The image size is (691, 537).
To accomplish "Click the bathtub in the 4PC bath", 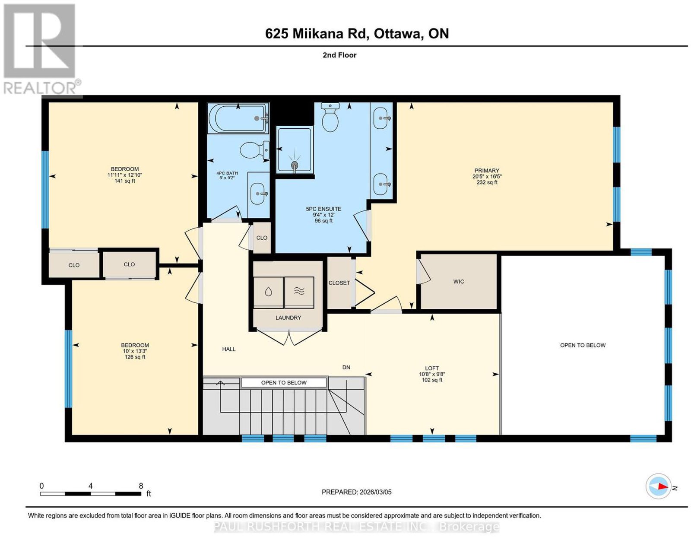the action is coord(238,118).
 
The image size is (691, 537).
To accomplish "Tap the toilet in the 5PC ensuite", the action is coord(330,117).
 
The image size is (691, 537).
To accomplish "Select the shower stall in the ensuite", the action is coord(295,150).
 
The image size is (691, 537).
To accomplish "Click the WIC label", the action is coord(458,281).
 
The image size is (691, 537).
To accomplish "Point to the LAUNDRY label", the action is coord(288,318).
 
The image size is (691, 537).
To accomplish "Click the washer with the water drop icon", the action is coord(268,292).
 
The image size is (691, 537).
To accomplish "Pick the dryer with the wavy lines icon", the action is coord(299,292).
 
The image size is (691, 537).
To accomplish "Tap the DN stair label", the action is coord(346,367).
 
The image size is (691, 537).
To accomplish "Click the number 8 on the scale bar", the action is coord(141,486).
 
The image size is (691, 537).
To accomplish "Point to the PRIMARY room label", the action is coord(487,170).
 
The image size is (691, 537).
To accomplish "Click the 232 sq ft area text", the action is coord(487,182).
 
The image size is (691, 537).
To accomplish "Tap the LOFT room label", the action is coord(431,368).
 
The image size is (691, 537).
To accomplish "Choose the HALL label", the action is coord(228,349).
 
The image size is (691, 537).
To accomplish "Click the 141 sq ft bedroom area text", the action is coord(125,181).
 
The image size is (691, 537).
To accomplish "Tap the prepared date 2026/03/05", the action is coord(376,492).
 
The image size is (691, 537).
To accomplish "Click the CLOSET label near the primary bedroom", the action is coord(339,283).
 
